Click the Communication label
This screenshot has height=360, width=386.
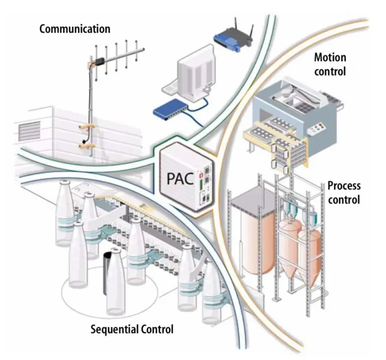tap(75, 29)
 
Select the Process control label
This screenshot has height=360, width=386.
tap(344, 192)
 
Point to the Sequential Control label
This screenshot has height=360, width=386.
tap(132, 329)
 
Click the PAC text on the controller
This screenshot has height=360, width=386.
tap(178, 179)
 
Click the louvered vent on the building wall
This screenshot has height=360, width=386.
tap(29, 132)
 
